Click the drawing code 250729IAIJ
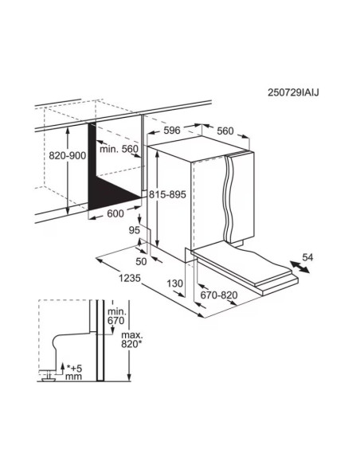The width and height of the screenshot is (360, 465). coord(293,92)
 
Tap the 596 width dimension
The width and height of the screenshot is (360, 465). coord(172,131)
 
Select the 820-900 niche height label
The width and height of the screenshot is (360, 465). coord(68,155)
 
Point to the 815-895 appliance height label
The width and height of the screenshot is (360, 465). coord(167,194)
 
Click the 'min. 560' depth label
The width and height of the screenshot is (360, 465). coord(119,149)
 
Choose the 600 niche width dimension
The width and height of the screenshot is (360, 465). coord(115,213)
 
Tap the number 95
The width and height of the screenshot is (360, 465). coord(135,230)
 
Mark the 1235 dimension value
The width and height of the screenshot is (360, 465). coord(130,278)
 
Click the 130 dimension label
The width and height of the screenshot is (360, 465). coord(174,283)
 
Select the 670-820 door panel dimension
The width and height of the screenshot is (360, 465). coord(219,295)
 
